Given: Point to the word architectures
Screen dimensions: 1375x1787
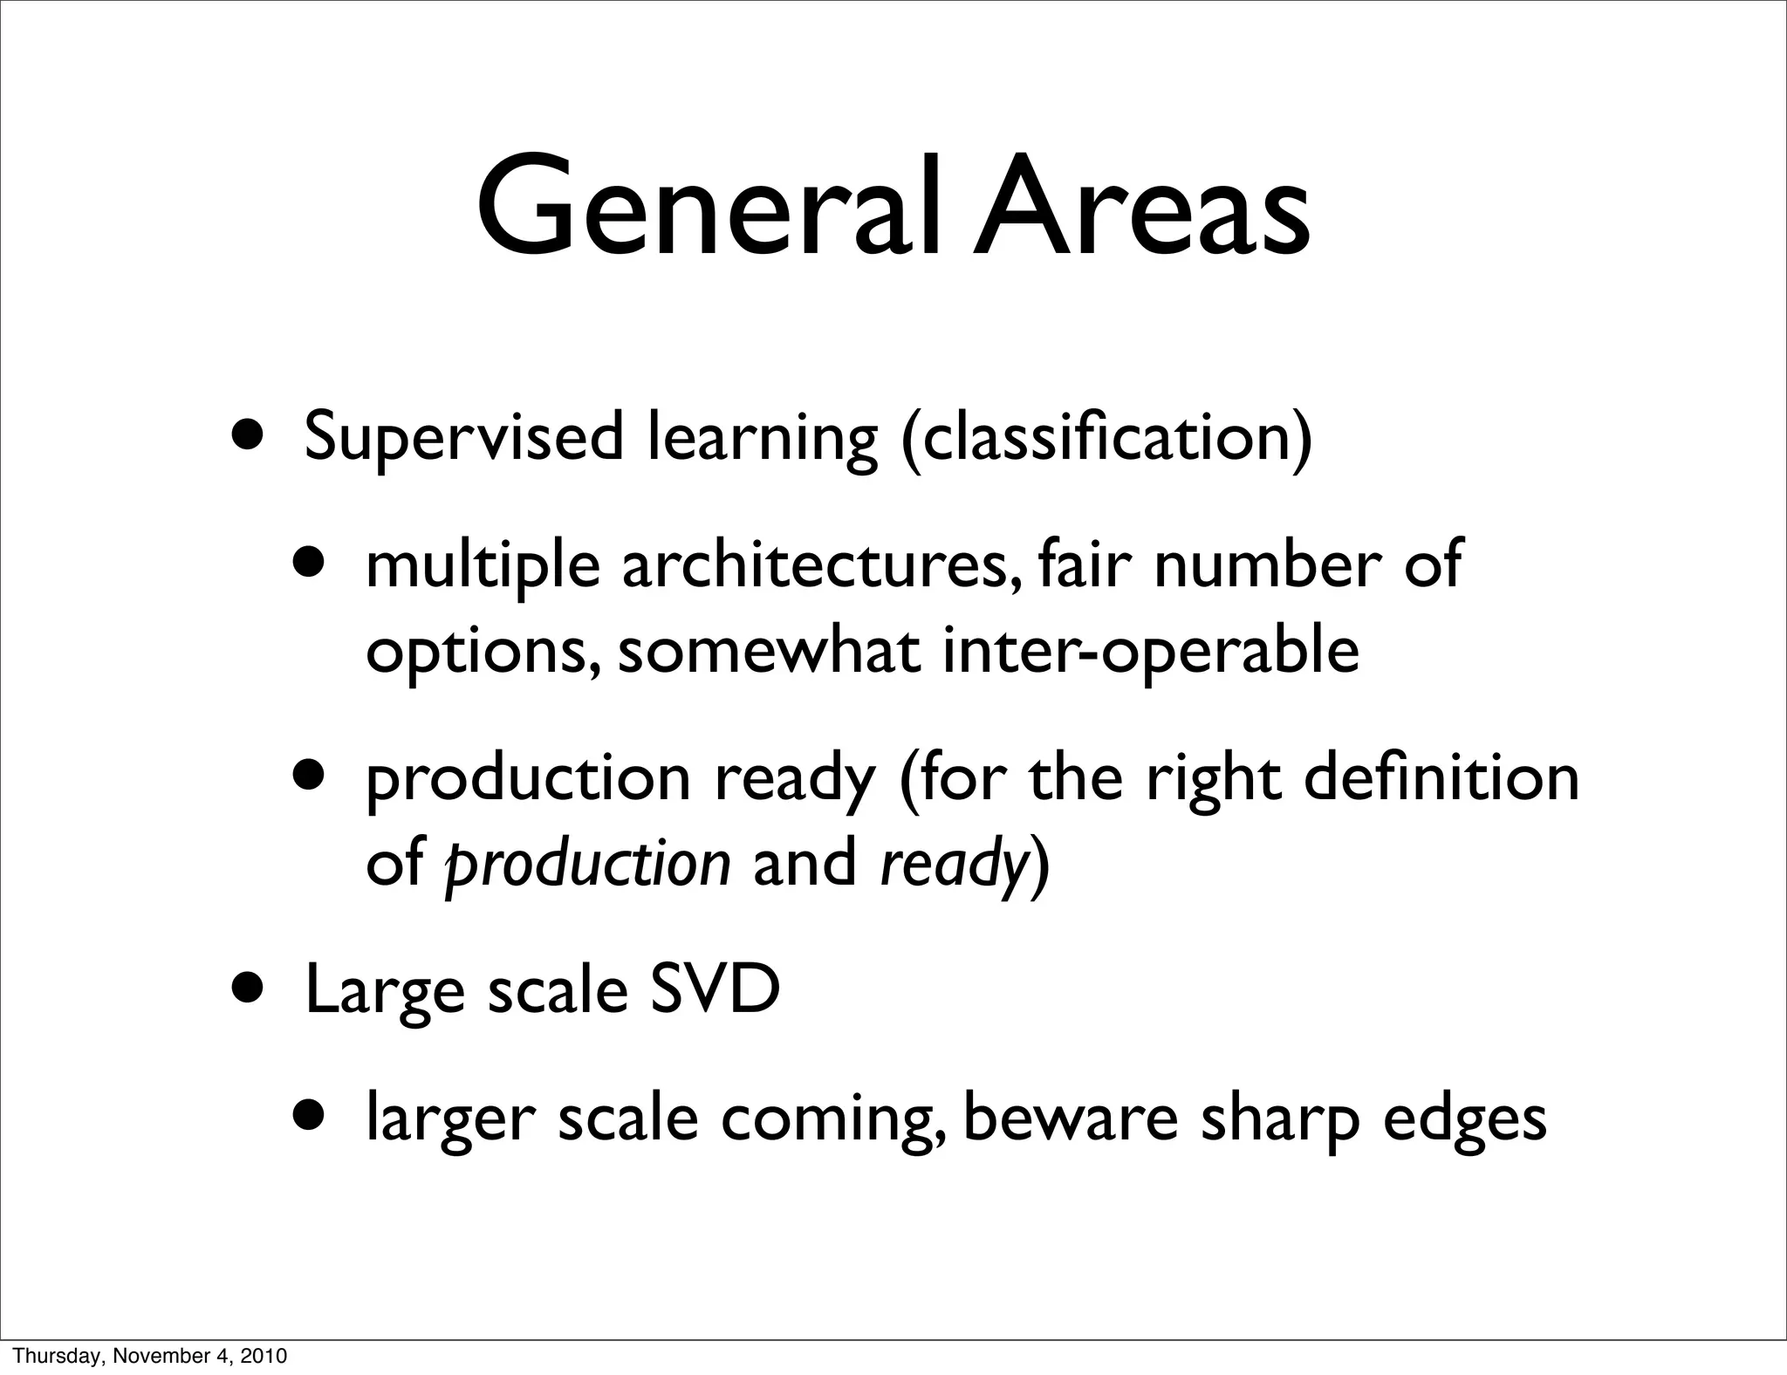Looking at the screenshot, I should pyautogui.click(x=815, y=566).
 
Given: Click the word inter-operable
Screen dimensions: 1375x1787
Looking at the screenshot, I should pyautogui.click(x=1150, y=652).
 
